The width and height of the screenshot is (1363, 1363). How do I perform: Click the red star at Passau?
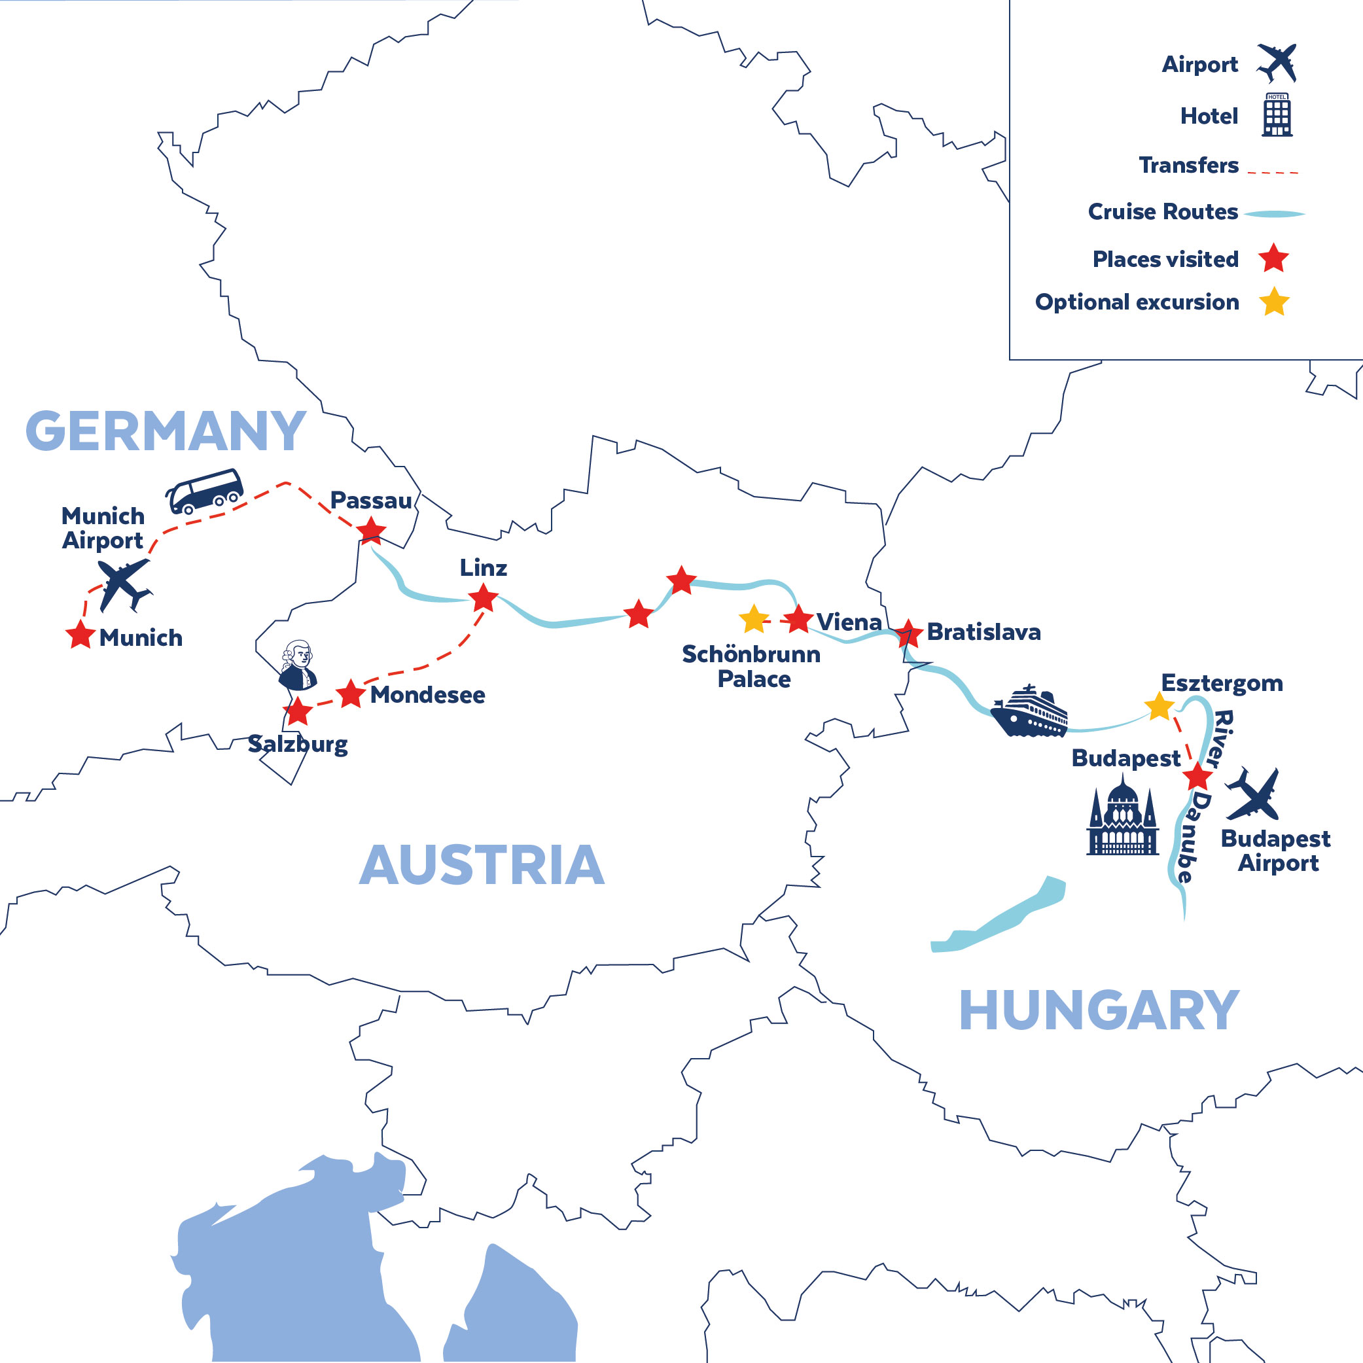tap(371, 531)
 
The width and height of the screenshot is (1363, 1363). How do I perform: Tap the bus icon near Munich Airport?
tap(204, 491)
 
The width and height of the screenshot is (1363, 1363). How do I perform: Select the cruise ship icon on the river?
tap(1029, 713)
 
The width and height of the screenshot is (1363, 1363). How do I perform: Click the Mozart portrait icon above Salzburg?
tap(297, 665)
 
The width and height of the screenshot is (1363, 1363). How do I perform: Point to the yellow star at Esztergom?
tap(1158, 707)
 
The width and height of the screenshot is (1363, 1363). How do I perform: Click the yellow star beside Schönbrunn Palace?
tap(753, 620)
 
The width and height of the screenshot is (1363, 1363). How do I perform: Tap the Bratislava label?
tap(983, 632)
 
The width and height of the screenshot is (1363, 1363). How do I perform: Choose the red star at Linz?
tap(484, 598)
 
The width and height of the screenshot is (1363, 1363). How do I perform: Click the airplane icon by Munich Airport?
tap(124, 584)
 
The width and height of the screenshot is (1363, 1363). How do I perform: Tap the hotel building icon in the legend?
tap(1277, 115)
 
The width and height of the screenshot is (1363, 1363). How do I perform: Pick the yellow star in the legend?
tap(1274, 302)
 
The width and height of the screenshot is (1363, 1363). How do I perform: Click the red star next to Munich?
tap(80, 634)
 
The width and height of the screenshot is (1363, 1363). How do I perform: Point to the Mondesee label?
tap(427, 695)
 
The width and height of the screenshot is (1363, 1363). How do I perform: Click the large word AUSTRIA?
tap(482, 866)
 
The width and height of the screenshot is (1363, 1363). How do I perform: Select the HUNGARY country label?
tap(1099, 1011)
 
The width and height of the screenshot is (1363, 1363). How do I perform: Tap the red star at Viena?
tap(798, 620)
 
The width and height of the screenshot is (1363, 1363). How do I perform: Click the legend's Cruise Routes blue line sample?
tap(1273, 213)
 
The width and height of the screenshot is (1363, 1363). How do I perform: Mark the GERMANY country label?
tap(166, 431)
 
